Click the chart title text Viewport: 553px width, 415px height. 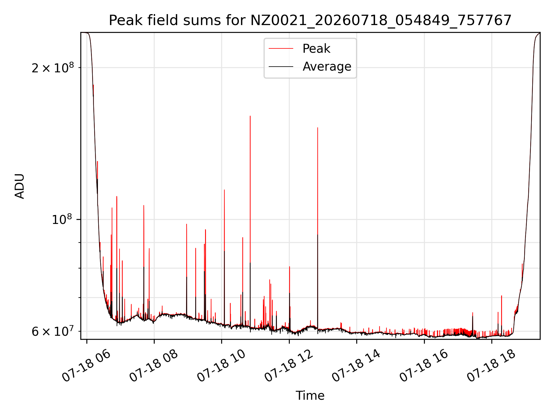coord(310,20)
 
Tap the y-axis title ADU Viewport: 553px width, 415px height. coord(20,186)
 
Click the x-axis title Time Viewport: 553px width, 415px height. coord(310,396)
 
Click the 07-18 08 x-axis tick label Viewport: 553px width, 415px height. coord(154,366)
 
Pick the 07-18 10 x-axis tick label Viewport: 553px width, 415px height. coord(221,366)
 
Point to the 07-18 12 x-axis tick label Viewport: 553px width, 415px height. coord(289,366)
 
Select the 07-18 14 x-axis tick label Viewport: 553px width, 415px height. coord(356,366)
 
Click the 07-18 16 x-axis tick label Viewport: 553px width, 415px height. coord(424,366)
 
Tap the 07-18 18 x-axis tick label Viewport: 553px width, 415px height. coord(491,366)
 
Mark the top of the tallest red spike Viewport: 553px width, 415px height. coord(250,116)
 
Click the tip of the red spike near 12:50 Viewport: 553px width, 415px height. coord(318,127)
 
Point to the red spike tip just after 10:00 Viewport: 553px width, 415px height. coord(224,190)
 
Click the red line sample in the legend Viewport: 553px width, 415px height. coord(281,49)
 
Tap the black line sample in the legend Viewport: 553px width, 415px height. coord(281,67)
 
